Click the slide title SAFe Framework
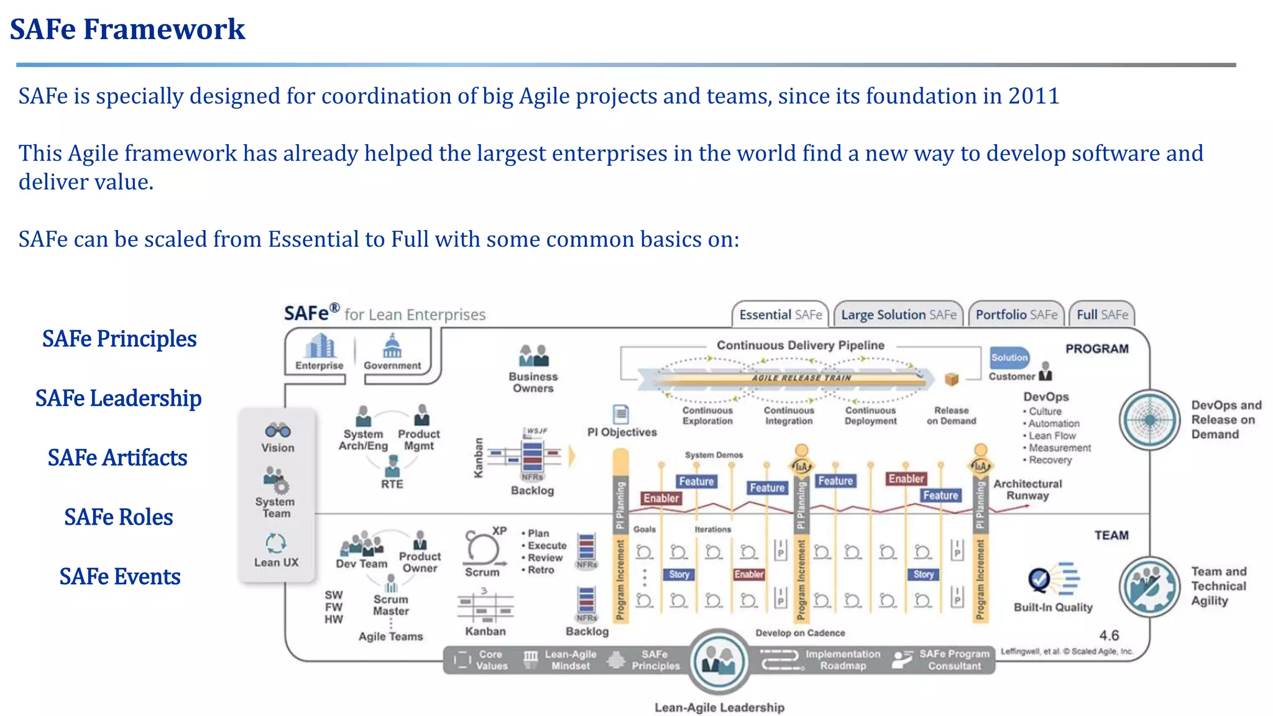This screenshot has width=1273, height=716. (127, 29)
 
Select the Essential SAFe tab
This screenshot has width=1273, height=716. (780, 314)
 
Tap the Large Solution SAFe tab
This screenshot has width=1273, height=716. (898, 314)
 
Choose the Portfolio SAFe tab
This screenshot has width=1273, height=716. (1016, 314)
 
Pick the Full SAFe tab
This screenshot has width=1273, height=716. (1102, 314)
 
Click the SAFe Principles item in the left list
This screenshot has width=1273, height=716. (119, 339)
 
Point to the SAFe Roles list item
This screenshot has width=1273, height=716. (119, 517)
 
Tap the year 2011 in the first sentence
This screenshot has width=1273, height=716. (1034, 96)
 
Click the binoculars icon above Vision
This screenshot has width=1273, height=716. (277, 430)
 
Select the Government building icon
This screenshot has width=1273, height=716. (392, 346)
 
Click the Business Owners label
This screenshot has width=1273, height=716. (533, 382)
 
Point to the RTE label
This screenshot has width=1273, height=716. (392, 484)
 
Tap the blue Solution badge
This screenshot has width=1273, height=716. (1009, 357)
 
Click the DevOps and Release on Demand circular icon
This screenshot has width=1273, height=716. (1149, 420)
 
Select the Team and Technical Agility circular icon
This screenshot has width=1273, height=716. (1149, 586)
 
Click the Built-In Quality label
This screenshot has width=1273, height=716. (1053, 607)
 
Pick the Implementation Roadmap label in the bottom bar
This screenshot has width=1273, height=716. (842, 659)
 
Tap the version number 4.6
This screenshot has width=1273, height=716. (1109, 635)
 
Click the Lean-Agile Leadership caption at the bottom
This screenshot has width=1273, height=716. (719, 707)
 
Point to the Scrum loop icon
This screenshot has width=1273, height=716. (482, 548)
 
